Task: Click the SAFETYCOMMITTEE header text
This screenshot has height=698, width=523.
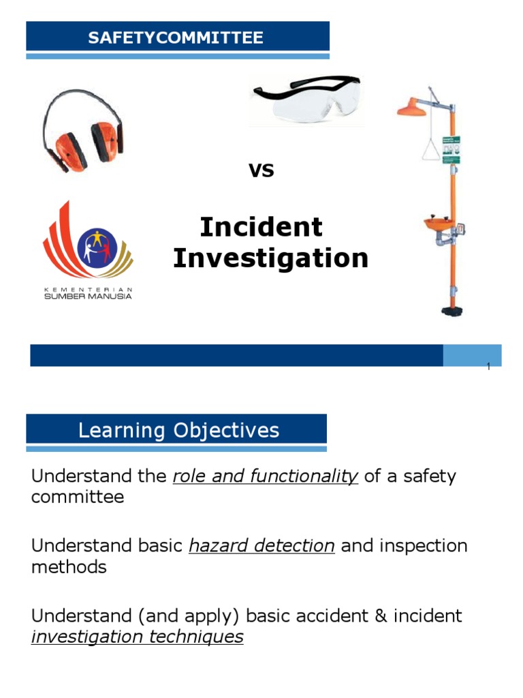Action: pyautogui.click(x=176, y=37)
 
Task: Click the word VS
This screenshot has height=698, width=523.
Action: pyautogui.click(x=261, y=170)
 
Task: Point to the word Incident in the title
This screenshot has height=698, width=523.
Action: pyautogui.click(x=261, y=227)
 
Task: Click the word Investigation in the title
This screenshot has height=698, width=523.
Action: pyautogui.click(x=270, y=259)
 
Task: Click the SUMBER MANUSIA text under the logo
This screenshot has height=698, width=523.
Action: pyautogui.click(x=89, y=295)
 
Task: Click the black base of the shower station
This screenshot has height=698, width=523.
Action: pyautogui.click(x=451, y=312)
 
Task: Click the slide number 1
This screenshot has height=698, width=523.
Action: pyautogui.click(x=488, y=368)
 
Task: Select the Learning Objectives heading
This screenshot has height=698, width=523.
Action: pyautogui.click(x=178, y=431)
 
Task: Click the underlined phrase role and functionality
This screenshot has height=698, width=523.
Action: pyautogui.click(x=266, y=476)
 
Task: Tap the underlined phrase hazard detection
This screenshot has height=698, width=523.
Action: pyautogui.click(x=261, y=546)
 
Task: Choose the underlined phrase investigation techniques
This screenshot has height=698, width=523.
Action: pyautogui.click(x=137, y=637)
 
